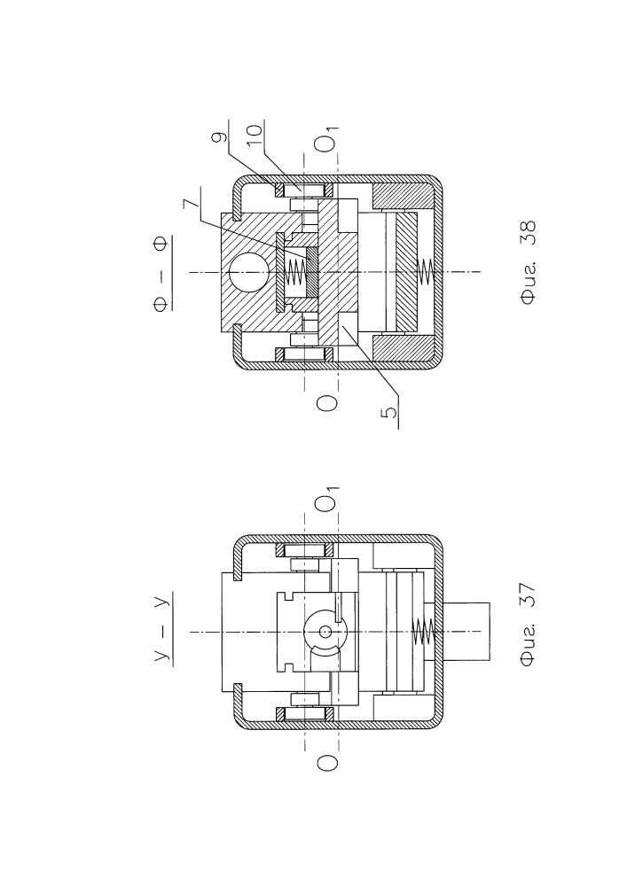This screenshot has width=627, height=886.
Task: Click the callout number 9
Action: (222, 136)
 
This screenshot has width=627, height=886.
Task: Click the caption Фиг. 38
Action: (528, 263)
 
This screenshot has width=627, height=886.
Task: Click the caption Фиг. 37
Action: (528, 626)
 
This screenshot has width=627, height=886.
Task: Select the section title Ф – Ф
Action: (161, 274)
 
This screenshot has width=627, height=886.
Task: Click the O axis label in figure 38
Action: (326, 403)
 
